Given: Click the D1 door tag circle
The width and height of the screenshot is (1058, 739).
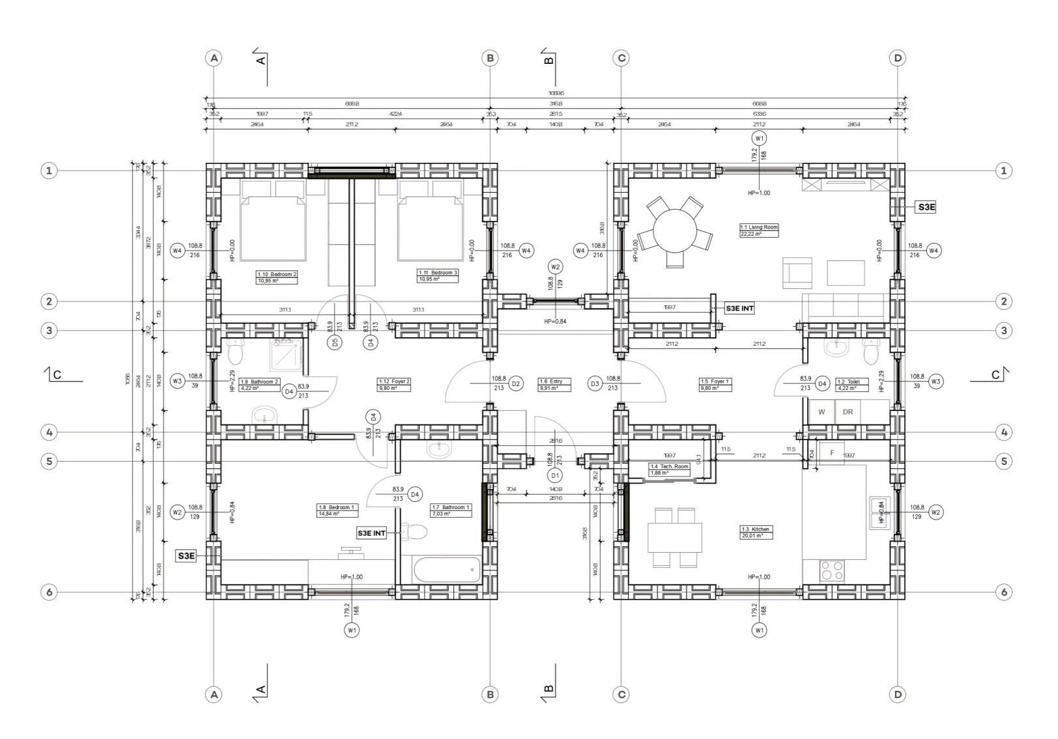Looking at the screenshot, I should (x=555, y=475).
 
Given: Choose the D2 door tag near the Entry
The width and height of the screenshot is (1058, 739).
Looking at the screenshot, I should (x=516, y=384).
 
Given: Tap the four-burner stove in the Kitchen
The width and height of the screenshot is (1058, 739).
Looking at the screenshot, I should (x=832, y=571).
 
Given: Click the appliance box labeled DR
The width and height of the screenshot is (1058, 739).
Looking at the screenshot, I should (x=848, y=412).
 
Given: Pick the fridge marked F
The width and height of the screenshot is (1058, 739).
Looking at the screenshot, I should (x=832, y=453).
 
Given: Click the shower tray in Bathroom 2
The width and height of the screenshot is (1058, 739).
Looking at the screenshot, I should (x=285, y=354).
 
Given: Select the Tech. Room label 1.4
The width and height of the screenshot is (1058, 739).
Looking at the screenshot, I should (x=669, y=469).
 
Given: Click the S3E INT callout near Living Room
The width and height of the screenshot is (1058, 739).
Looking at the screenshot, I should (x=739, y=308).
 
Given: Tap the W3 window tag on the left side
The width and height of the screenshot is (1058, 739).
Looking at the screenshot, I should (x=177, y=381).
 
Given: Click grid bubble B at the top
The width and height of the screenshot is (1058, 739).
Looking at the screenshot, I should (x=490, y=58).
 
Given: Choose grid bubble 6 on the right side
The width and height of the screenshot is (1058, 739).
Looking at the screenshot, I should (x=1003, y=592).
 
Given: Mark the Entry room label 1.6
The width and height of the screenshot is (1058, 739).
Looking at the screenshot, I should (x=554, y=384).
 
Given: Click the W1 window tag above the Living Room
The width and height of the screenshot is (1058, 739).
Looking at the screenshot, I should (x=759, y=138).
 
